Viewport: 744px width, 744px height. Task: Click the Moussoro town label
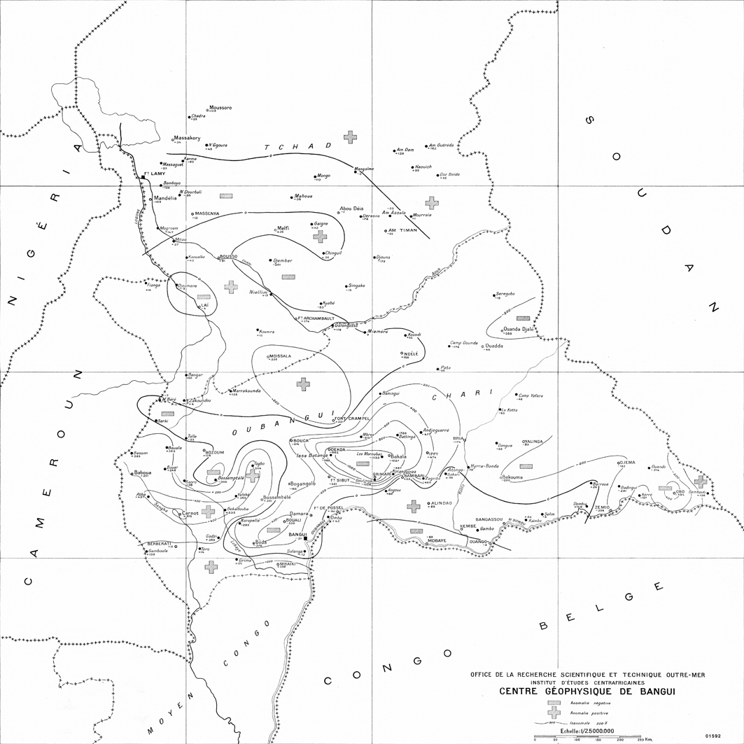coord(220,108)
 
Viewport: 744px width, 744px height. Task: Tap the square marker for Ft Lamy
coord(142,178)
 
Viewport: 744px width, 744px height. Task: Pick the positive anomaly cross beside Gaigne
coord(320,237)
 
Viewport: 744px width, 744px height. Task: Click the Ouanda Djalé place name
coord(519,329)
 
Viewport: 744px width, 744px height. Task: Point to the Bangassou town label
coord(489,519)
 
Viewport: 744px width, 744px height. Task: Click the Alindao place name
coord(442,503)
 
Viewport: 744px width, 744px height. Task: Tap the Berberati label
coord(159,544)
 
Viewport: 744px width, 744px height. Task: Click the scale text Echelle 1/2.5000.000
coord(584,731)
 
